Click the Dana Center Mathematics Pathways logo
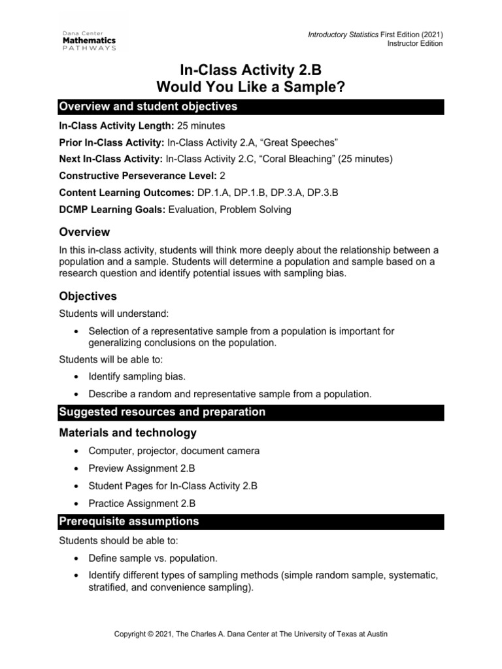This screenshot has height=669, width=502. coord(90,39)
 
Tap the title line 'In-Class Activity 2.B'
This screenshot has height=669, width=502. coord(251,71)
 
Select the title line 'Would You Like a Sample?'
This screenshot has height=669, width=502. coord(251,88)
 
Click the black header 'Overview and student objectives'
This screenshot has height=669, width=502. coord(148,106)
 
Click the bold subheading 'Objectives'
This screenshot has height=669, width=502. coord(88,296)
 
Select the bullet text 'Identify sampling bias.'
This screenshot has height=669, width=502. coord(137,377)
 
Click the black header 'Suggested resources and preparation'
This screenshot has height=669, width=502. coord(162,412)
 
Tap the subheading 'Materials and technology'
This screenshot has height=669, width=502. coord(127,432)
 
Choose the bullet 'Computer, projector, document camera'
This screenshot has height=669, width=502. coord(174,451)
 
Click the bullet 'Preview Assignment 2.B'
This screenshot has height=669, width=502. coord(141,468)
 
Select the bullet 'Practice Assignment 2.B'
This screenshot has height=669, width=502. coord(142,504)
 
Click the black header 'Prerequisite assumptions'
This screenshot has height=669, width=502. coord(129,521)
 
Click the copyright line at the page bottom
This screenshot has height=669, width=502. coord(251,634)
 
